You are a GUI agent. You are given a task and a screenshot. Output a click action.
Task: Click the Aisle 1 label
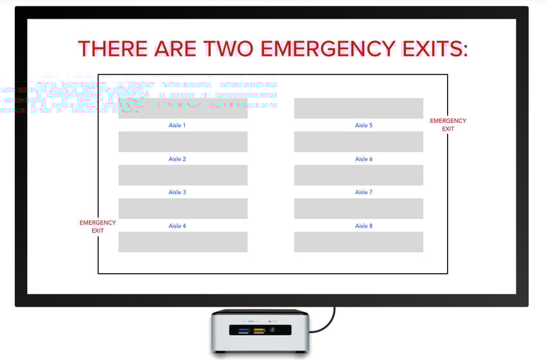[177, 125]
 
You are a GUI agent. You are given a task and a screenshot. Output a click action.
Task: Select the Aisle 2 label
[177, 159]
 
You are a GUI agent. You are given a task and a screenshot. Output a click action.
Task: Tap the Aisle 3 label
[177, 192]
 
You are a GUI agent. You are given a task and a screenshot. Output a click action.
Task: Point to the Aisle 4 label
[177, 226]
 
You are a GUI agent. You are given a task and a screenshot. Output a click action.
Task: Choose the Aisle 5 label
[364, 125]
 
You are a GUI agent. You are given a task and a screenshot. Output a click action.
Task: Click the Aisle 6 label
[364, 159]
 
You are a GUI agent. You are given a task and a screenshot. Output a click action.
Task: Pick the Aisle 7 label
[364, 192]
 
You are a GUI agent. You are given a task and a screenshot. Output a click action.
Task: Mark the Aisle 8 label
[364, 226]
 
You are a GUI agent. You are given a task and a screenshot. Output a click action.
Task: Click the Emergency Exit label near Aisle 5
[448, 125]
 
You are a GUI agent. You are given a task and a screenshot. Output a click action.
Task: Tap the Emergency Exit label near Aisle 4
[98, 226]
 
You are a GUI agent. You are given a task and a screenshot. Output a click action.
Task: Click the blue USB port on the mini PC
[244, 331]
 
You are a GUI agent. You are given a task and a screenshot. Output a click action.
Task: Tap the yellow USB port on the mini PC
[260, 331]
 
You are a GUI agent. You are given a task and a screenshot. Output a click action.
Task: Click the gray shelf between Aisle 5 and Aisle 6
[358, 141]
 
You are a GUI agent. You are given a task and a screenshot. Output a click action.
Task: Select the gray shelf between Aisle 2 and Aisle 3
[182, 175]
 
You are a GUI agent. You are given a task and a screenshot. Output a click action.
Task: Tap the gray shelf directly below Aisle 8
[358, 242]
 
